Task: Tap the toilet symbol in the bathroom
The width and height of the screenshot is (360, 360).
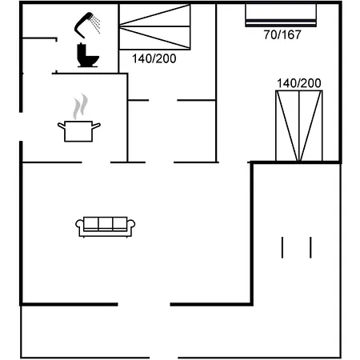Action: tap(87, 55)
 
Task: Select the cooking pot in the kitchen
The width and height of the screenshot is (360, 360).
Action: tap(78, 130)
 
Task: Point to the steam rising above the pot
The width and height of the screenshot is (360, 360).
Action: tap(78, 106)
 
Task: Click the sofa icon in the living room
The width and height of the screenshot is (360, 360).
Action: tap(106, 226)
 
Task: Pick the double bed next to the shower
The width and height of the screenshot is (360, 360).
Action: tap(156, 29)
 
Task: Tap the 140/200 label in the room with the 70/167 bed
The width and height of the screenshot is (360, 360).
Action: tap(298, 83)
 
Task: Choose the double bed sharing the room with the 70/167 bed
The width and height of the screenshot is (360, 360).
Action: tap(298, 126)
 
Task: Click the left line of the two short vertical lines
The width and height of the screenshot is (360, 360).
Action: tap(282, 247)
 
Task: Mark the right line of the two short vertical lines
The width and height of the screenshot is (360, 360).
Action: tap(310, 247)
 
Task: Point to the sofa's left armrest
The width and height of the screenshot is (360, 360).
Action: tap(80, 228)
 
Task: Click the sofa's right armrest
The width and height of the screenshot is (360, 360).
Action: tap(132, 228)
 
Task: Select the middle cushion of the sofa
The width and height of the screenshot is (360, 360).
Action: tap(106, 224)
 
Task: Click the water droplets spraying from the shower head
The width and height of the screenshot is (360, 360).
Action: tap(96, 25)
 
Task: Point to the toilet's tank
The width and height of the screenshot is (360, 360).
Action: tap(83, 49)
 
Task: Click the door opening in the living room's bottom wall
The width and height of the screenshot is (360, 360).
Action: tap(144, 304)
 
